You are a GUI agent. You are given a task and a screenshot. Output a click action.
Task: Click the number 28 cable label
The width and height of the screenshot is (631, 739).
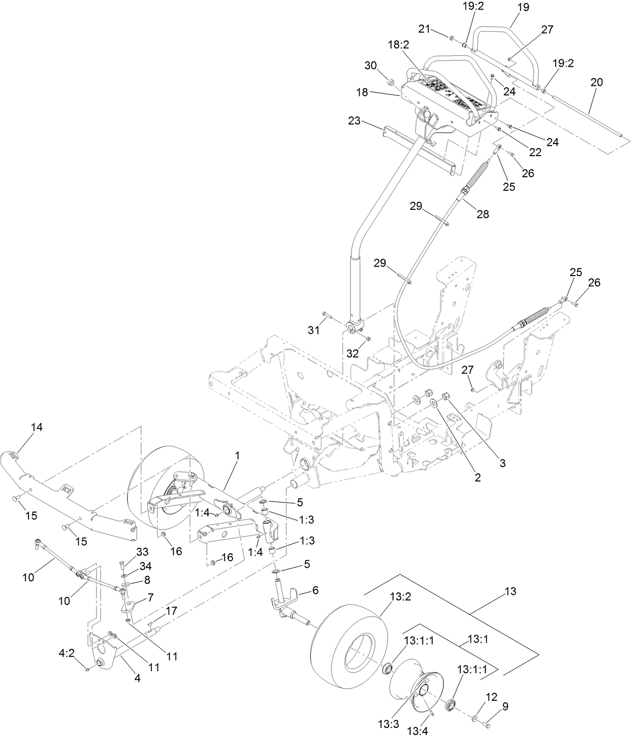[x=482, y=214]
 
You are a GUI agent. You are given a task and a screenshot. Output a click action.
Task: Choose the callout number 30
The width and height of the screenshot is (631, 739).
[x=370, y=65]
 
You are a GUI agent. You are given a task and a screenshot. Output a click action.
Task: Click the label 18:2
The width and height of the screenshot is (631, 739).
[x=398, y=45]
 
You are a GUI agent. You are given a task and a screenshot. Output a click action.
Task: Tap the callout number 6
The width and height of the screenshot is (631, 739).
[x=315, y=591]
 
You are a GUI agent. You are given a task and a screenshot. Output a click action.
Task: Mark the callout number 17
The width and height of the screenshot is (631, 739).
[x=172, y=611]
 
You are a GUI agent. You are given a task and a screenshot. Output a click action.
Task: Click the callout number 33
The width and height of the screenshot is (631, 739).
[x=142, y=552]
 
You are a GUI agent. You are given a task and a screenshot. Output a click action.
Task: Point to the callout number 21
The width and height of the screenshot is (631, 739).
[x=425, y=30]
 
